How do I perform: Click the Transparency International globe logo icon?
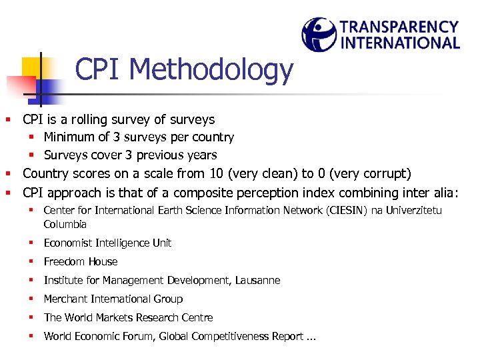tap(319, 34)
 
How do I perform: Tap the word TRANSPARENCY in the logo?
tap(399, 27)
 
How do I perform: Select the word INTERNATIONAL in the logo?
tap(399, 43)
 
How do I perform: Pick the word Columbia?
tap(65, 225)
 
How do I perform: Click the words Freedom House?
tap(81, 262)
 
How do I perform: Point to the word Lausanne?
tap(258, 281)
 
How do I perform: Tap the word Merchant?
tap(66, 299)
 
